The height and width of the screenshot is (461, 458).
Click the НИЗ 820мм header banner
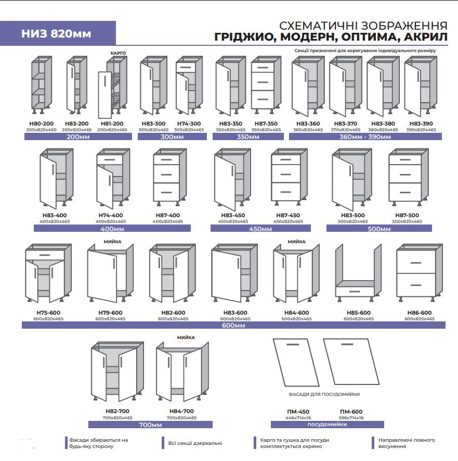pyautogui.click(x=58, y=33)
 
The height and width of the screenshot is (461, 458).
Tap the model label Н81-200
pyautogui.click(x=112, y=124)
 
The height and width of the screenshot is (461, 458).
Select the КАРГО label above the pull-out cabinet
pyautogui.click(x=118, y=53)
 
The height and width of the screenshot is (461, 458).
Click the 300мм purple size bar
pyautogui.click(x=172, y=136)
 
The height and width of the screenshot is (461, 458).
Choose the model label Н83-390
pyautogui.click(x=421, y=124)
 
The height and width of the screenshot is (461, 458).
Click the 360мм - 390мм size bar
pyautogui.click(x=365, y=136)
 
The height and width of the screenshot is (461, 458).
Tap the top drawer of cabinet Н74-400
pyautogui.click(x=110, y=159)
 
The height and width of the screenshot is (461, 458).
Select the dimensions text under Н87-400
pyautogui.click(x=168, y=221)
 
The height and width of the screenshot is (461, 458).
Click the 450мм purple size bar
pyautogui.click(x=260, y=229)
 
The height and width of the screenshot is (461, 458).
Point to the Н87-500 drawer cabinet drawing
pyautogui.click(x=409, y=177)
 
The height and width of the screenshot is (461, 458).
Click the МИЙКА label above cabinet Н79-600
pyautogui.click(x=112, y=242)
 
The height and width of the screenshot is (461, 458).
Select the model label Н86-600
pyautogui.click(x=420, y=313)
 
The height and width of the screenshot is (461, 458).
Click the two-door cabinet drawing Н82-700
pyautogui.click(x=117, y=371)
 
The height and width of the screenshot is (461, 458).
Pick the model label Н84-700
pyautogui.click(x=181, y=412)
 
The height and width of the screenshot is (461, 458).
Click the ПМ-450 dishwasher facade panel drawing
pyautogui.click(x=296, y=362)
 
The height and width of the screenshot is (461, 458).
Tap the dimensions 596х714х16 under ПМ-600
pyautogui.click(x=351, y=418)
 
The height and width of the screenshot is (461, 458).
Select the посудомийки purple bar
pyautogui.click(x=328, y=424)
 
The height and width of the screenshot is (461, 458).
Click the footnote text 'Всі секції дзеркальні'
pyautogui.click(x=195, y=443)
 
